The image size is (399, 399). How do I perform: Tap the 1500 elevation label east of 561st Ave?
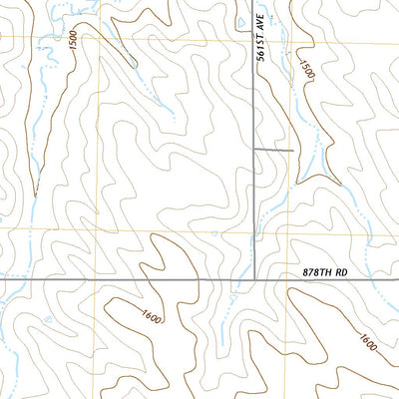tap(305, 78)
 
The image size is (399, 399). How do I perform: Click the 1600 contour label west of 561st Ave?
tap(152, 319)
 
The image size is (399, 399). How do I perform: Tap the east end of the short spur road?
tap(292, 151)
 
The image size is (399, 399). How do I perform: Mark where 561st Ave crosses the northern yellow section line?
tap(254, 45)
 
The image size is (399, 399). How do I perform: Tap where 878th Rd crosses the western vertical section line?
tap(97, 280)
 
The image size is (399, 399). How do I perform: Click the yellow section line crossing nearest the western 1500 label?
tap(97, 45)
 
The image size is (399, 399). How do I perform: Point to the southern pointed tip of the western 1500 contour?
tap(35, 195)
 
